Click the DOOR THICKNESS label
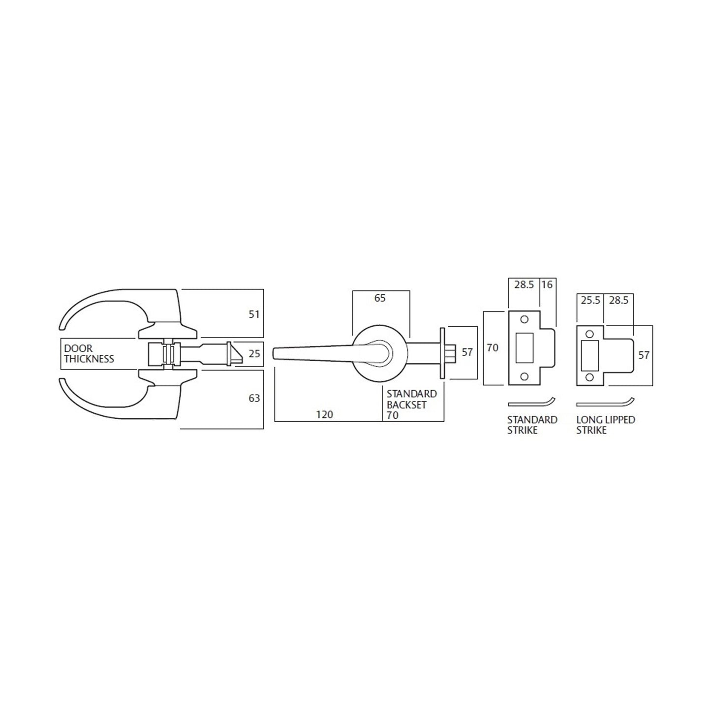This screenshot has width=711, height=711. (x=89, y=353)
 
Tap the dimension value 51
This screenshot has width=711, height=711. (x=254, y=314)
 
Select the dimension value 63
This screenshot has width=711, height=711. (x=254, y=398)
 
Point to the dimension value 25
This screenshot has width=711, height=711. (x=254, y=353)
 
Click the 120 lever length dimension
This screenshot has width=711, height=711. (x=325, y=415)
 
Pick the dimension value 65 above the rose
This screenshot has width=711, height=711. (x=380, y=298)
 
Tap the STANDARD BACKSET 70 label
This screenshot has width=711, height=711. (x=411, y=404)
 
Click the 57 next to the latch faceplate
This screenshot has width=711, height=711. (x=467, y=352)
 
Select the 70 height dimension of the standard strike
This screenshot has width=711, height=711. (x=493, y=348)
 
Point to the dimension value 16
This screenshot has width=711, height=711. (x=547, y=285)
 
